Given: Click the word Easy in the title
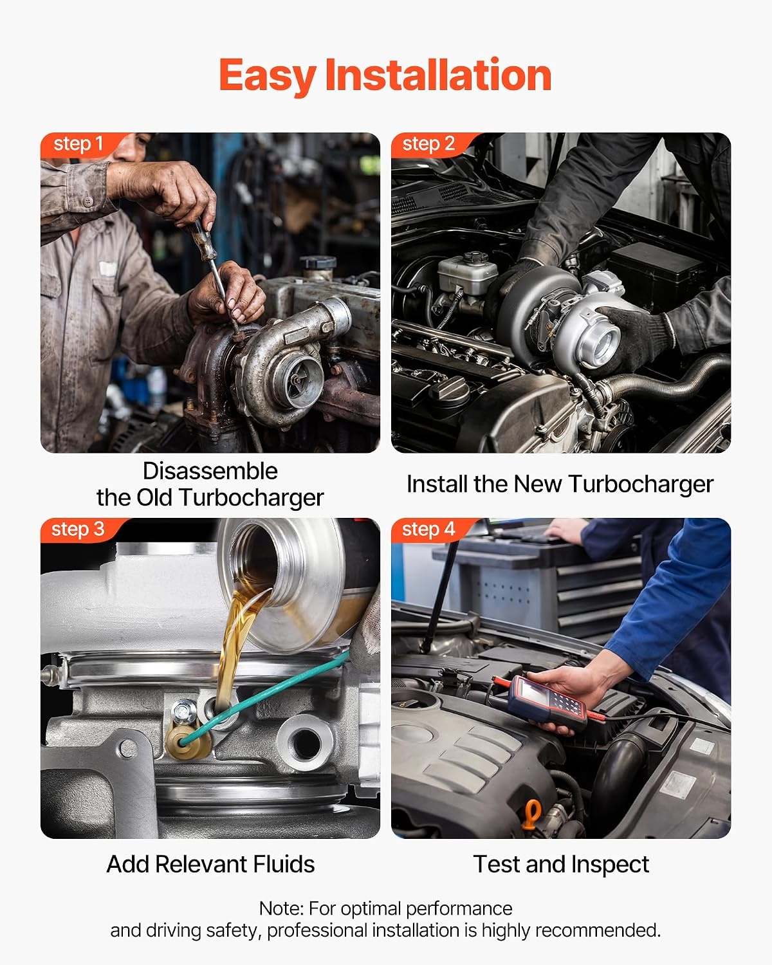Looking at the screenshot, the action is pyautogui.click(x=268, y=77).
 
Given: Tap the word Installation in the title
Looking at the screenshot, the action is pyautogui.click(x=438, y=75).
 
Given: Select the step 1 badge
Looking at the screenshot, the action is pyautogui.click(x=78, y=144).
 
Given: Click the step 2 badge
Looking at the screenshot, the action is pyautogui.click(x=429, y=144).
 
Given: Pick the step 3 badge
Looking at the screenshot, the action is pyautogui.click(x=78, y=529).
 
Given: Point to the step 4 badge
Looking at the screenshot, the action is pyautogui.click(x=429, y=529).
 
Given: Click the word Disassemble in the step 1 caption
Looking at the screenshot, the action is pyautogui.click(x=210, y=472).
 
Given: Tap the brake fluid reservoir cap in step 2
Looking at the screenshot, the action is pyautogui.click(x=473, y=258).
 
